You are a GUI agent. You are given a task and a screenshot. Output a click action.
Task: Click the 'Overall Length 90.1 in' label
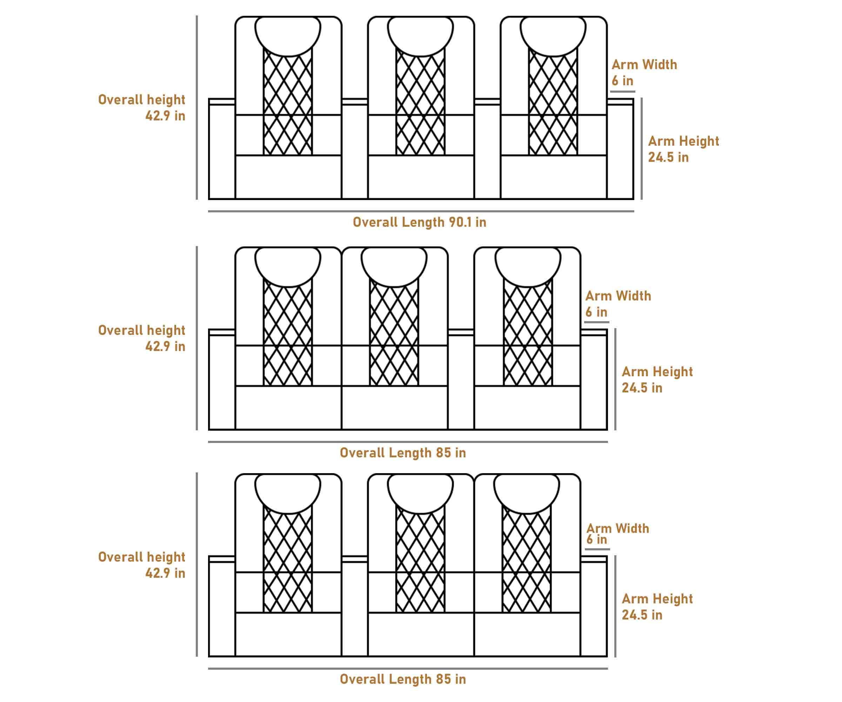coord(419,222)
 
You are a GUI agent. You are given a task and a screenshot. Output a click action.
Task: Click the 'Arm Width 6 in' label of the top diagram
coord(644,73)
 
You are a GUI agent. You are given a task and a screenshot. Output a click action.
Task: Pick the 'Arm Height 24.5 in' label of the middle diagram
coord(657,379)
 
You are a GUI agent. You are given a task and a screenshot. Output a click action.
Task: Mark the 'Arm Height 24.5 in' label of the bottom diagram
coord(657,607)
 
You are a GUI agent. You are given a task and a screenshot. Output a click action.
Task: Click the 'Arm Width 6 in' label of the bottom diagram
coord(617,534)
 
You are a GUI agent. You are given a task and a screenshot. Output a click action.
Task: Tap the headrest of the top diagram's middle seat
coord(420,35)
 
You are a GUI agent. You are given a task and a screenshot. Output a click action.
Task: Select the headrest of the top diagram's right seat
coord(553,35)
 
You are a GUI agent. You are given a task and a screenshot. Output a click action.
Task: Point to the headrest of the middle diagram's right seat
coord(528,266)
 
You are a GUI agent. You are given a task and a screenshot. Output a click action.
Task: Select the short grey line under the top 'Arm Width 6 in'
coord(622,92)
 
